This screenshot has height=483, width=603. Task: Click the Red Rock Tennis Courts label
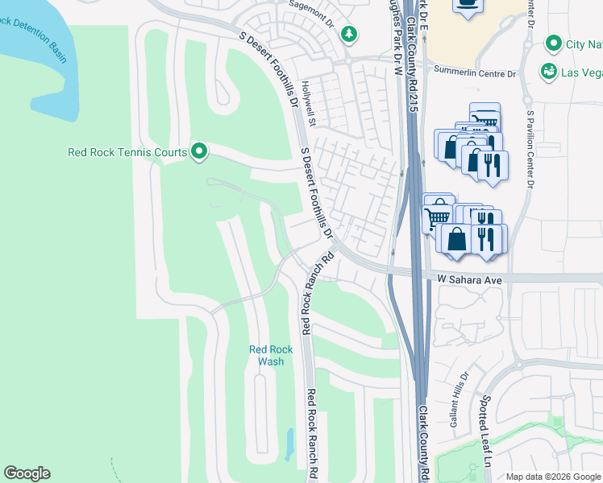[x=127, y=151]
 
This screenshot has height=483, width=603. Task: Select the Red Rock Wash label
[x=266, y=355]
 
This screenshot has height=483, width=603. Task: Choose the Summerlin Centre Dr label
[x=475, y=74]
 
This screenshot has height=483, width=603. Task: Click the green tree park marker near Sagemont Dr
[x=348, y=34]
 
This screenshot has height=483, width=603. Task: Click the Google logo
[x=27, y=473]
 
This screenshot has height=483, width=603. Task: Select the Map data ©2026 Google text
[x=553, y=477]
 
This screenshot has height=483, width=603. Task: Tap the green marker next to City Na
[x=554, y=43]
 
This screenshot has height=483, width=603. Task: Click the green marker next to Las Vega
[x=548, y=72]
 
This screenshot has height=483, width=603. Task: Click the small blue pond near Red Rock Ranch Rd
[x=289, y=443]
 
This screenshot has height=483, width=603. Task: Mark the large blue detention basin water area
[x=40, y=64]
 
